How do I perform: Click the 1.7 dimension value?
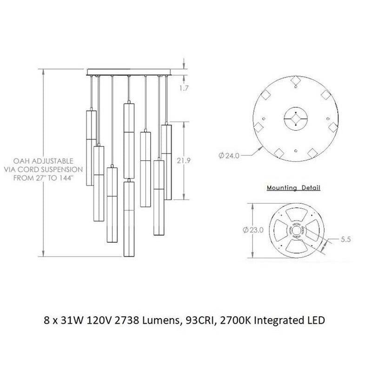[184, 88]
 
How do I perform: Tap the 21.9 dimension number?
[183, 160]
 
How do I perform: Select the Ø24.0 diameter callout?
[229, 156]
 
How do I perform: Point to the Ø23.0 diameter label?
[253, 230]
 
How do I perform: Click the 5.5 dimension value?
[345, 239]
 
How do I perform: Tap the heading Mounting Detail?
[293, 188]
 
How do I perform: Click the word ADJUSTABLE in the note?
[53, 161]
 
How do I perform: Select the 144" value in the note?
[64, 178]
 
